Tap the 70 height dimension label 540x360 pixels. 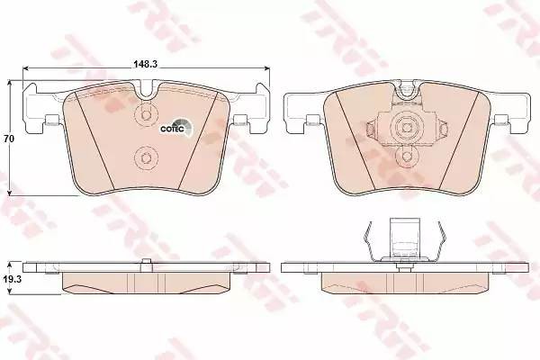(10, 139)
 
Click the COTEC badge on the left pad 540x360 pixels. (174, 128)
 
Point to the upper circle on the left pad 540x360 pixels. (145, 116)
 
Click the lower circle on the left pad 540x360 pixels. (145, 160)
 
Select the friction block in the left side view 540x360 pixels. (147, 283)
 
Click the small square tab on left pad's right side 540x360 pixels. (240, 120)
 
